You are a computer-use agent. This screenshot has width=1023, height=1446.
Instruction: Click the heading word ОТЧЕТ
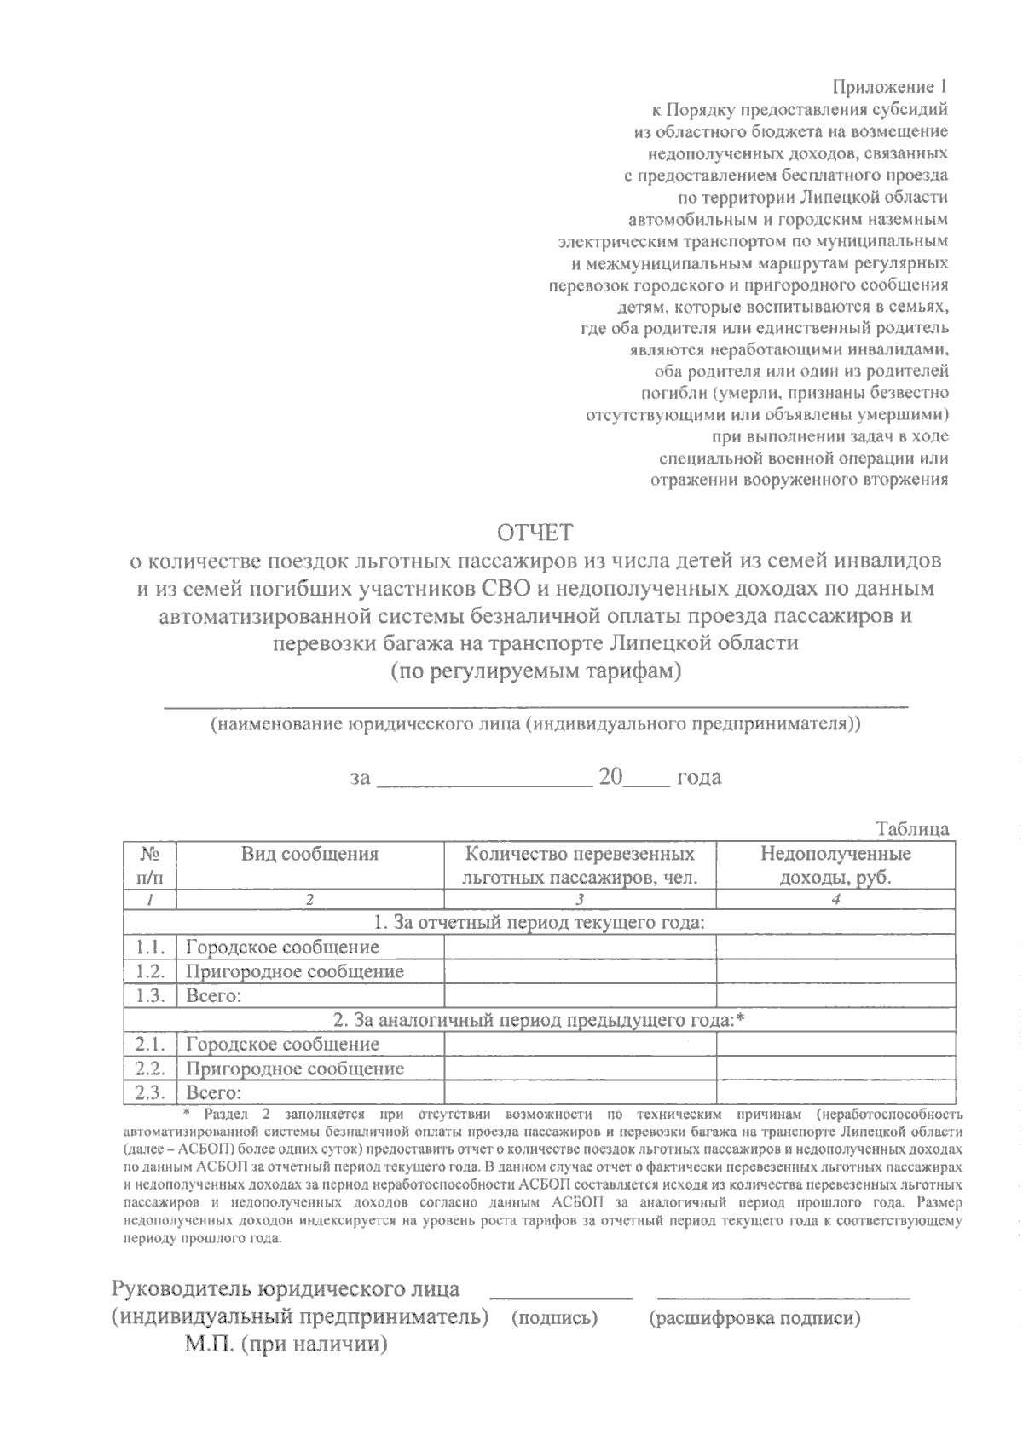(535, 533)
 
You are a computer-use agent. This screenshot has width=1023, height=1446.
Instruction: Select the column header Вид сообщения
(309, 854)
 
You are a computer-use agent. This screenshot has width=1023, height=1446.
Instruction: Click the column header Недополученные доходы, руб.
(835, 866)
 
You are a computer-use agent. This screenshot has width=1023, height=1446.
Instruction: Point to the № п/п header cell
(150, 866)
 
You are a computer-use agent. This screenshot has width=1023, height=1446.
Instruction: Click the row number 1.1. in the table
(150, 947)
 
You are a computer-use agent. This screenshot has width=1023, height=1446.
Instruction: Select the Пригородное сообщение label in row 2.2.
(295, 1069)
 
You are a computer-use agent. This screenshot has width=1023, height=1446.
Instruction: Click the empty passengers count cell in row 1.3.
(580, 995)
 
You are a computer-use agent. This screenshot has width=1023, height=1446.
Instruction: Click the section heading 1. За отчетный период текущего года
(539, 922)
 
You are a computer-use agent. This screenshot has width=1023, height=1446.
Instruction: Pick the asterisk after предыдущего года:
(740, 1018)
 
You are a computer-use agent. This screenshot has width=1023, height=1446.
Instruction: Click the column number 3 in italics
(580, 900)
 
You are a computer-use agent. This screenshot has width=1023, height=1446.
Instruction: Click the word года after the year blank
(698, 777)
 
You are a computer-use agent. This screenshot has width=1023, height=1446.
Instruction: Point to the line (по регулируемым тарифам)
(535, 671)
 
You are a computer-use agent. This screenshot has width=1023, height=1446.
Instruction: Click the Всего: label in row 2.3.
(214, 1092)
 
